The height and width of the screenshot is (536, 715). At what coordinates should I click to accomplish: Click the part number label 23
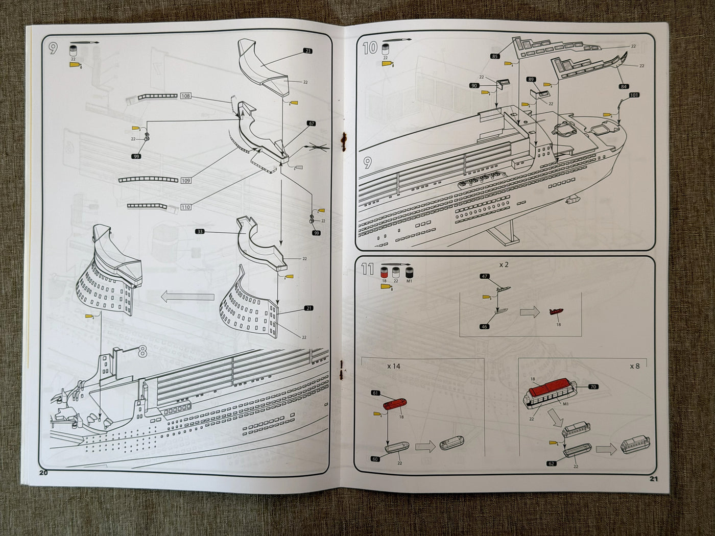(307, 51)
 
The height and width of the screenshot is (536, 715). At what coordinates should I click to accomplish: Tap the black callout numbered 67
(312, 124)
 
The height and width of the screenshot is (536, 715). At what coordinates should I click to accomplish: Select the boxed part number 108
(185, 96)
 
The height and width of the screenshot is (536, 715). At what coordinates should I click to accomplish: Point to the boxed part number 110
(185, 207)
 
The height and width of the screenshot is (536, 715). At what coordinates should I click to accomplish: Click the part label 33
(200, 231)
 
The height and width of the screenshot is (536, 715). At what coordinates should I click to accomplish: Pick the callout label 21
(308, 308)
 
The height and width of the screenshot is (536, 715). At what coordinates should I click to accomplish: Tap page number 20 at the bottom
(43, 472)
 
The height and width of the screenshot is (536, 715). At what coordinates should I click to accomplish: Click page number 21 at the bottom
(654, 478)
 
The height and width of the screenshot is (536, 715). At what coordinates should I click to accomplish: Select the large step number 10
(370, 48)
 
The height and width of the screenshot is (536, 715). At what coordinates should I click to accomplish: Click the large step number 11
(367, 269)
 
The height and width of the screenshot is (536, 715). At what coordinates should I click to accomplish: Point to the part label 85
(494, 56)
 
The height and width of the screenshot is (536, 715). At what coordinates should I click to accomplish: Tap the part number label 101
(634, 95)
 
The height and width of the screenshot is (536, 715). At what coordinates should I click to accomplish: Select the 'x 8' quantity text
(634, 366)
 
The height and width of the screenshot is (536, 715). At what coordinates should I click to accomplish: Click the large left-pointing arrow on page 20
(187, 297)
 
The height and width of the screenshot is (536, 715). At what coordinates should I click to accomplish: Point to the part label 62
(551, 464)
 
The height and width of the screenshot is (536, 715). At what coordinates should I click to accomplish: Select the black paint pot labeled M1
(409, 272)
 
